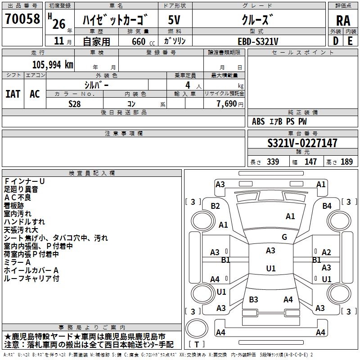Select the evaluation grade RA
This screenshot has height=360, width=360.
(x=343, y=20)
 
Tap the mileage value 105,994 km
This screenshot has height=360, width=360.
(x=53, y=65)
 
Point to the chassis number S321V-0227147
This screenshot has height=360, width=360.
(x=302, y=144)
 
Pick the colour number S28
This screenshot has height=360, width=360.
(x=75, y=104)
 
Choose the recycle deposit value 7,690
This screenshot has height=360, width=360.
(x=226, y=104)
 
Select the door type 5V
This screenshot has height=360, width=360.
(x=175, y=20)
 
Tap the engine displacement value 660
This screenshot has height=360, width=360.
(x=138, y=41)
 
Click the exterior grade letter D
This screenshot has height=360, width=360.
(x=335, y=41)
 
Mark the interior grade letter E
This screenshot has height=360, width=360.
(x=351, y=41)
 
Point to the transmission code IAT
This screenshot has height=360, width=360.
(x=13, y=94)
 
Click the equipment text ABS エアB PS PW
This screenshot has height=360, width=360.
(x=279, y=121)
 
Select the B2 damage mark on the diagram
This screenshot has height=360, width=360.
(x=216, y=206)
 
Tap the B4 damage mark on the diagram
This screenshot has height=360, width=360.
(x=327, y=206)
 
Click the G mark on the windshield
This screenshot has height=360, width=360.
(x=284, y=237)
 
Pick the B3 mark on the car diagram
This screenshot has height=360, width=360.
(x=253, y=299)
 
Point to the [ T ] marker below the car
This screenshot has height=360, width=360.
(x=197, y=344)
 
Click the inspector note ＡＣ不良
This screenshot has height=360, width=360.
(x=18, y=197)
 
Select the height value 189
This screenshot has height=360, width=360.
(x=346, y=162)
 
